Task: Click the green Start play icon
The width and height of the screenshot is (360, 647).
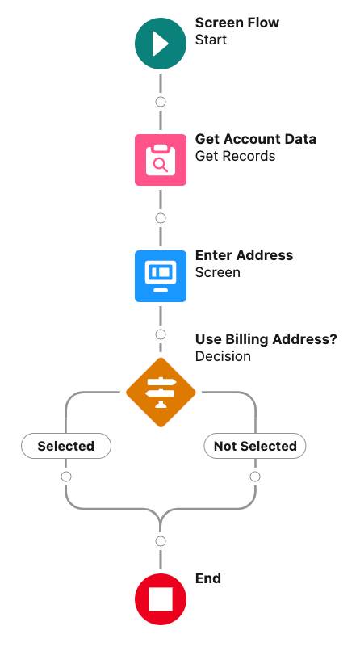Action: pos(161,44)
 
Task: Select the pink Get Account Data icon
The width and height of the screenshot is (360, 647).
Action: pos(161,160)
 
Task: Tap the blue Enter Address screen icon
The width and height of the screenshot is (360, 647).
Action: pos(161,275)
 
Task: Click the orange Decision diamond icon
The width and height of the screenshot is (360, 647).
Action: pos(161,393)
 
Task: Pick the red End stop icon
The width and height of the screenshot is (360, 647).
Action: pos(161,599)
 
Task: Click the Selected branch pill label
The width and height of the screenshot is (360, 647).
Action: pos(66,446)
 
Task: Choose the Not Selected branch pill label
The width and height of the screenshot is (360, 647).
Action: pos(255,446)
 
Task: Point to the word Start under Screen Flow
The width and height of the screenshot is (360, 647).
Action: pos(211,40)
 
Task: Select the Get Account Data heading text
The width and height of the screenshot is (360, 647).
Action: pos(256,139)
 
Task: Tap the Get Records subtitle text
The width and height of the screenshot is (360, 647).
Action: pos(235,156)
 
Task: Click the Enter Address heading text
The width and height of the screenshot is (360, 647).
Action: pos(244,255)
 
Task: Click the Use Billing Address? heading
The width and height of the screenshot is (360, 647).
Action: pos(266,339)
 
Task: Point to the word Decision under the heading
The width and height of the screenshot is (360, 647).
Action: pos(223,356)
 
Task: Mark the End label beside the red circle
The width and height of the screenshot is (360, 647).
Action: pos(207,578)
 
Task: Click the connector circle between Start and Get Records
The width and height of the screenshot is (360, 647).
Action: pos(161,102)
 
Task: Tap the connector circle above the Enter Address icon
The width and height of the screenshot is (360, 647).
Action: pos(161,218)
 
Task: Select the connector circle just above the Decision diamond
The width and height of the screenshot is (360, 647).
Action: pos(161,334)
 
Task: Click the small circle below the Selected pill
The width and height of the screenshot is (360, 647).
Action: pos(66,477)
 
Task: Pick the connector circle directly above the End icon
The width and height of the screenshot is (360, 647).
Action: pos(161,541)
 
